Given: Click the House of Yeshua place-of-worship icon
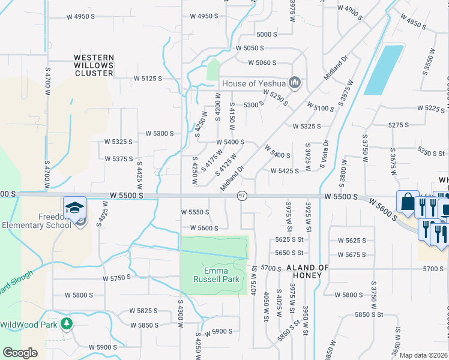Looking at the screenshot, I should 295,83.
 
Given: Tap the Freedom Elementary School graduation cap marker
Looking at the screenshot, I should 75,208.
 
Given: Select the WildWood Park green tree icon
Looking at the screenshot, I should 66,325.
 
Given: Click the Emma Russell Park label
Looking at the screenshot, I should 216,274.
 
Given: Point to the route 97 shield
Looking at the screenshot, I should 242,196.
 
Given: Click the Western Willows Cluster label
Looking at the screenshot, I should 94,65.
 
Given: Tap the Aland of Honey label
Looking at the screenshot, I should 308,271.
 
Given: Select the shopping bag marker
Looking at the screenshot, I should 408,203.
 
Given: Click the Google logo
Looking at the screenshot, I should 20,353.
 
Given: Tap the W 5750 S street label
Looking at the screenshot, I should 116,278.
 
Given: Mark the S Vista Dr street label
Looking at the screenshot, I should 327,155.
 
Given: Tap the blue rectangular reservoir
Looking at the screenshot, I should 384,70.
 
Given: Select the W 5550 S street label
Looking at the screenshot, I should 195,212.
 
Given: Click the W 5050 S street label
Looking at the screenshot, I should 250,48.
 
